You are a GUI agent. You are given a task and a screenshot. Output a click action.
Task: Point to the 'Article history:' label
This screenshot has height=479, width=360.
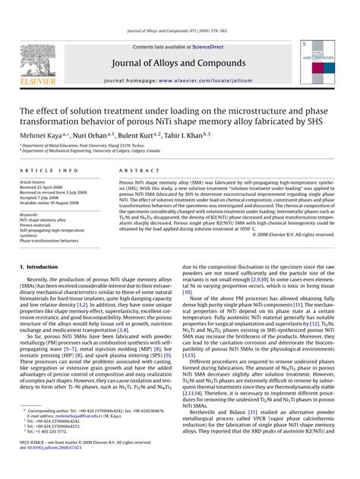37,183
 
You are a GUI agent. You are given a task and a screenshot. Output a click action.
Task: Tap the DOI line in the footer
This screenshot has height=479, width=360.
52,468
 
